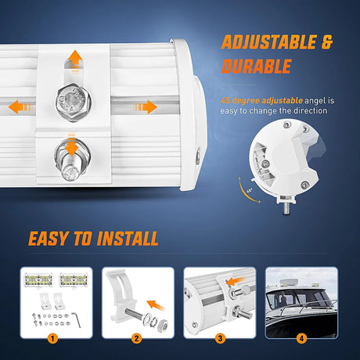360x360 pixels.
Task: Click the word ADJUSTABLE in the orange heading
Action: coord(269,42)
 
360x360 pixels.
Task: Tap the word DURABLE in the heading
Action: coord(256,66)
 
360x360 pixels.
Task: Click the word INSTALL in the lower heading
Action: coord(128,239)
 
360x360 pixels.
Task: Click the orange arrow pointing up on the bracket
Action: coord(75,60)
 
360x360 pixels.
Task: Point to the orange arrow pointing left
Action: coord(20,107)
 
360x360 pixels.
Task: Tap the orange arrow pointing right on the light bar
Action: coord(145,107)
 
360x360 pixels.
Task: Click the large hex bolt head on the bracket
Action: coord(74,102)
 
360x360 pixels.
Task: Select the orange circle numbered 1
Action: coord(52,339)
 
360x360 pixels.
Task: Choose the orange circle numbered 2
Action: coord(136,339)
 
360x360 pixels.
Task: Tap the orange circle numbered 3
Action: coord(220,339)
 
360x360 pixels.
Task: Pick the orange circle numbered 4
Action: coord(301,339)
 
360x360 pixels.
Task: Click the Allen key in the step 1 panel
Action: coord(77,319)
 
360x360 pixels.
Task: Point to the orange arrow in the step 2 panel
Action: coord(156,305)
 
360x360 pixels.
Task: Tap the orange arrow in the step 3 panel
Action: coord(235,281)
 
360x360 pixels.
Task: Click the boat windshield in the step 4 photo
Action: coord(297,298)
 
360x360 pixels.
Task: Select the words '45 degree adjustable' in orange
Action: coord(261,101)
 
